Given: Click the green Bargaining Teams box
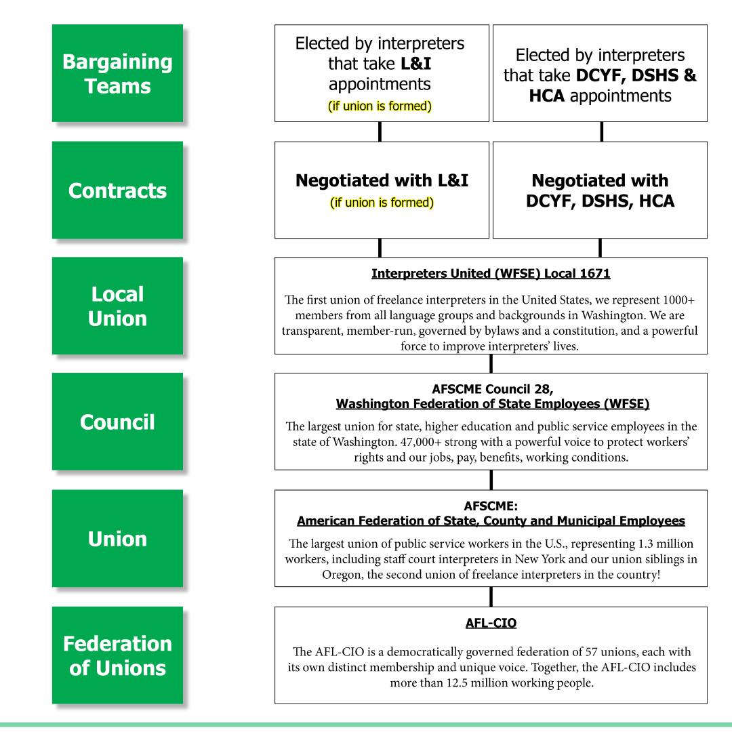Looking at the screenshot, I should (x=117, y=73).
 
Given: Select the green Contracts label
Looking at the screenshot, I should (x=117, y=190).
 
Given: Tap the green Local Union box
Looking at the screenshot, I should (x=117, y=306).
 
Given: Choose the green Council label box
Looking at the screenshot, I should (x=117, y=422).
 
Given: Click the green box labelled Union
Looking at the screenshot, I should (x=117, y=538).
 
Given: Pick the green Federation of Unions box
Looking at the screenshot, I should (x=117, y=655).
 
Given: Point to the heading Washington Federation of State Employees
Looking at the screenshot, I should (x=493, y=405).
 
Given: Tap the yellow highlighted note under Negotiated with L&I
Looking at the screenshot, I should (x=382, y=202).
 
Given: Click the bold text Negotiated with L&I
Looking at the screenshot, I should (x=382, y=182).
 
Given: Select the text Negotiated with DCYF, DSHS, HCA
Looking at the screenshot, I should (x=600, y=190).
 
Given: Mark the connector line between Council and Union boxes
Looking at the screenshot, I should (x=491, y=480).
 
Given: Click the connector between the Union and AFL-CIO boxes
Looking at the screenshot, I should (x=491, y=596).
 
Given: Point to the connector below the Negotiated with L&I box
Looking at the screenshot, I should (x=380, y=247).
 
